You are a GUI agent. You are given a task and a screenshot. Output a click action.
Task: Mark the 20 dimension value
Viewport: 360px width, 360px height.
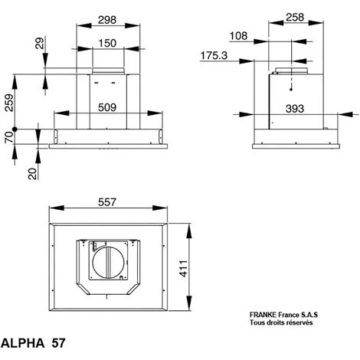pyautogui.click(x=32, y=173)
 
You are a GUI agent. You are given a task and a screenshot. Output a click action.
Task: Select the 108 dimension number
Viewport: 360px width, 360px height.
pyautogui.click(x=240, y=35)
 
